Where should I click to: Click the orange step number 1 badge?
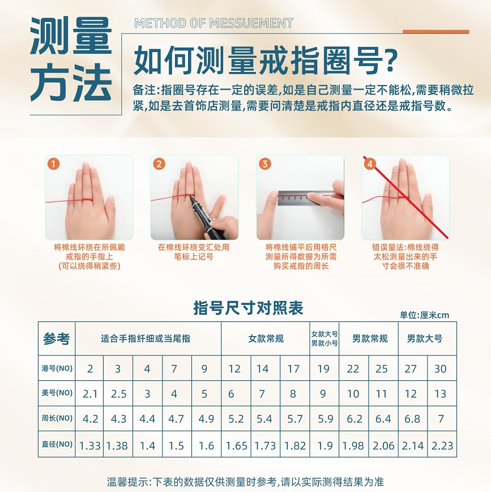[53, 164]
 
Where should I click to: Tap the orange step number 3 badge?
[265, 164]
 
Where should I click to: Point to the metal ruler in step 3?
[306, 198]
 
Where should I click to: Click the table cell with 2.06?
[383, 445]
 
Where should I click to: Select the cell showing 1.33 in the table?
[89, 445]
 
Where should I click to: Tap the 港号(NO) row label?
[57, 368]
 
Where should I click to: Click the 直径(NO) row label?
[57, 444]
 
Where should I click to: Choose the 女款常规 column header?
[266, 338]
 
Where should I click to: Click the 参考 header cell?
[57, 338]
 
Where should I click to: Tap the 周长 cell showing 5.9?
[325, 418]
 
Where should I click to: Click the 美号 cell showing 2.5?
[118, 393]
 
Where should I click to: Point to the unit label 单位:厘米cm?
[424, 315]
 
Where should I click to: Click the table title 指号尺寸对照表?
[248, 307]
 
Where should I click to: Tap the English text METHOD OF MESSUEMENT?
[214, 23]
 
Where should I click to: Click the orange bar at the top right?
[436, 31]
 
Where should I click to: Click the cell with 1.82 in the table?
[295, 445]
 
